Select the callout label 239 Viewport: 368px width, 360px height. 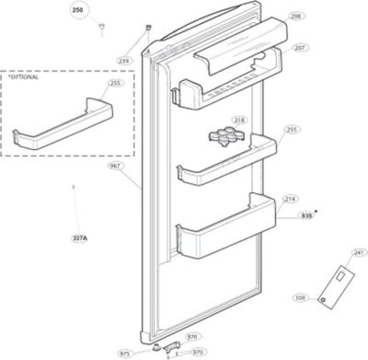123,61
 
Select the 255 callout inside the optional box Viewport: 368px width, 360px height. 114,83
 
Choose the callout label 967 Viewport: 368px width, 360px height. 114,166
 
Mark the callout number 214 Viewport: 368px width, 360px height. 291,198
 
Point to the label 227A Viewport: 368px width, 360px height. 79,238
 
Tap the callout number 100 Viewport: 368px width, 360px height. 300,297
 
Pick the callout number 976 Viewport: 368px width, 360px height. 192,337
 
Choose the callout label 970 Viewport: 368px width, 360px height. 197,352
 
